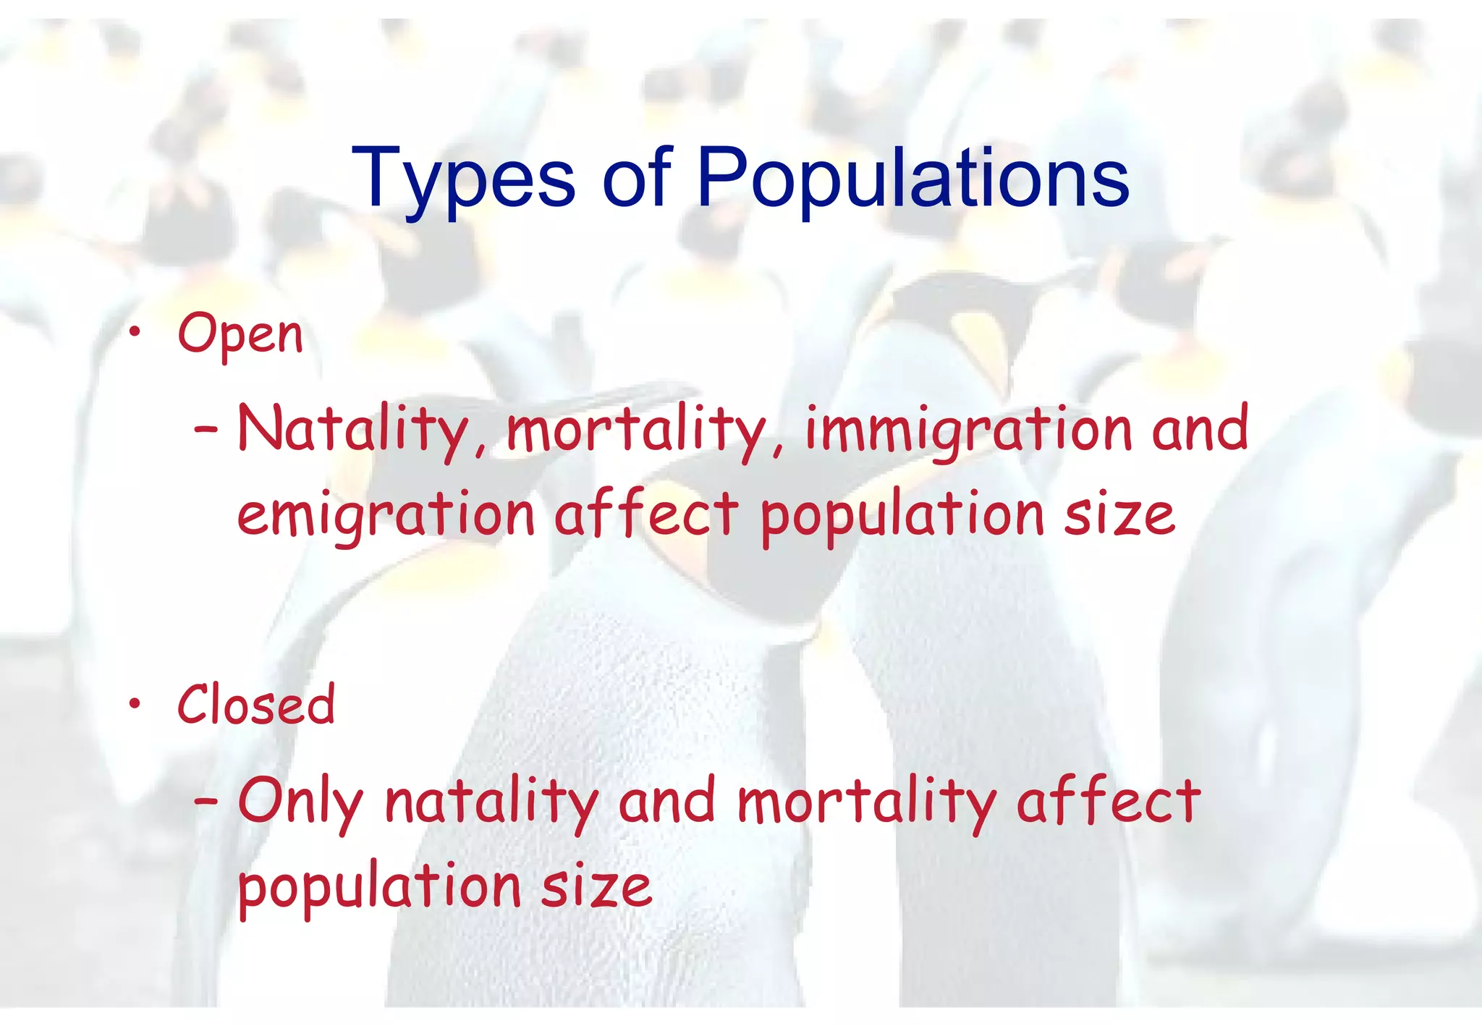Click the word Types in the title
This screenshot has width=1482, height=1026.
pyautogui.click(x=463, y=179)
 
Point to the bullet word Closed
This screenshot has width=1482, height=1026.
pyautogui.click(x=256, y=705)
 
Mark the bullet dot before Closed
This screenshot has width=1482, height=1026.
pyautogui.click(x=135, y=703)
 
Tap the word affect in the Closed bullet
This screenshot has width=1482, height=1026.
pyautogui.click(x=1109, y=800)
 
